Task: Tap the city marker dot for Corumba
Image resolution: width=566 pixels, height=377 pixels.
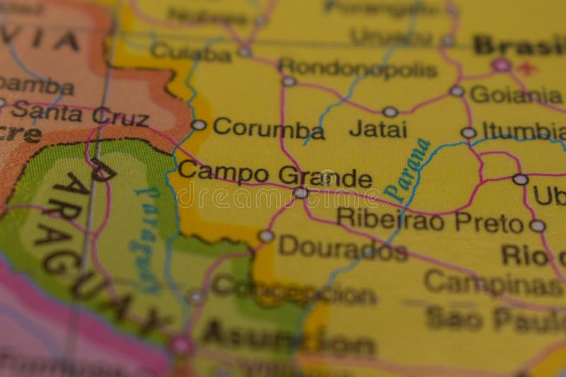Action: pyautogui.click(x=199, y=125)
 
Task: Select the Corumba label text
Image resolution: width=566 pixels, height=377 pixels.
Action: pyautogui.click(x=268, y=128)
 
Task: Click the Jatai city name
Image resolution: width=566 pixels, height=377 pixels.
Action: pyautogui.click(x=378, y=129)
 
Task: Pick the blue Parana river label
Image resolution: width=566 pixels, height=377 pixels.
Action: pyautogui.click(x=408, y=170)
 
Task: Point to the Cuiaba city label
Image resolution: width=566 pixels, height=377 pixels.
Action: pyautogui.click(x=190, y=51)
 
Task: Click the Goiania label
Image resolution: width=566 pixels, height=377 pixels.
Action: pyautogui.click(x=516, y=94)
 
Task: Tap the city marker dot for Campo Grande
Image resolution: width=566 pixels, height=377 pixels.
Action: pyautogui.click(x=301, y=192)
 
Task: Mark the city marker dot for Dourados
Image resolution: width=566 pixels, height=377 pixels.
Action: pyautogui.click(x=266, y=236)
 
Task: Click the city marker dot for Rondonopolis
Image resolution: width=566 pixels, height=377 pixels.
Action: pyautogui.click(x=289, y=81)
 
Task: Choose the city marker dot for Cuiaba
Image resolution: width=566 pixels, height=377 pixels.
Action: pyautogui.click(x=245, y=52)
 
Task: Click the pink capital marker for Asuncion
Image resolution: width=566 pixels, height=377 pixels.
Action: pyautogui.click(x=180, y=344)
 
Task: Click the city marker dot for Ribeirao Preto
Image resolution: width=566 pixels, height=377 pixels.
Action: pyautogui.click(x=538, y=226)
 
